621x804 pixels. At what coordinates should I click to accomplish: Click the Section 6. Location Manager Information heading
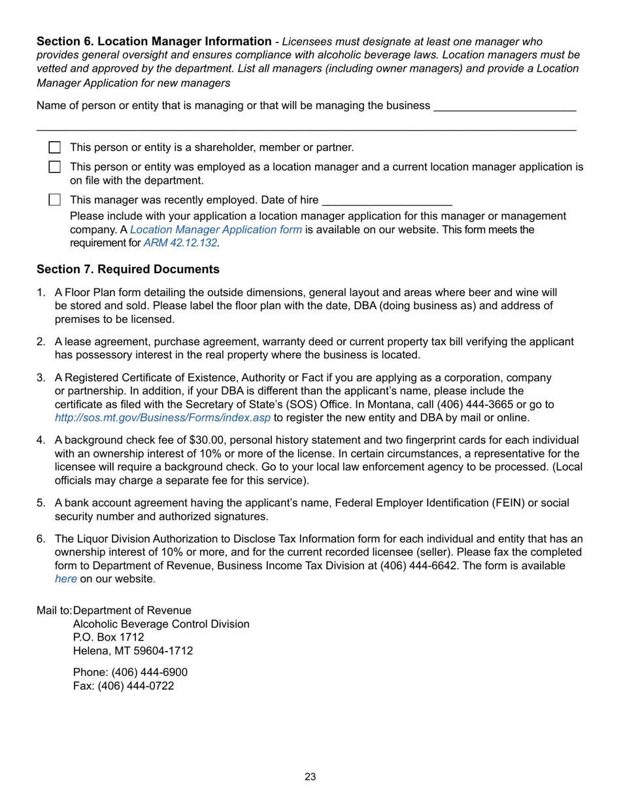click(154, 41)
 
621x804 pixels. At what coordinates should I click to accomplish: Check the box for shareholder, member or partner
click(56, 148)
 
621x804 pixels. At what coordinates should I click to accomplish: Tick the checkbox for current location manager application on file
click(56, 167)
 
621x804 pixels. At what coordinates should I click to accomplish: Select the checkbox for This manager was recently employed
click(56, 200)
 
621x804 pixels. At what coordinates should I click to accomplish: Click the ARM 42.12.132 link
click(181, 243)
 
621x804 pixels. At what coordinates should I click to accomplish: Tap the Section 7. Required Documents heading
click(128, 269)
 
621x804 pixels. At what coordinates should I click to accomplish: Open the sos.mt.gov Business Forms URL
click(162, 418)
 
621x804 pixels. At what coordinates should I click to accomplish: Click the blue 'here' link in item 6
click(65, 578)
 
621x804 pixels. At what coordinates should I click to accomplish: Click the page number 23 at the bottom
click(310, 777)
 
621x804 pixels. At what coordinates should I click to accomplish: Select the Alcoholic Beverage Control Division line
click(161, 624)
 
